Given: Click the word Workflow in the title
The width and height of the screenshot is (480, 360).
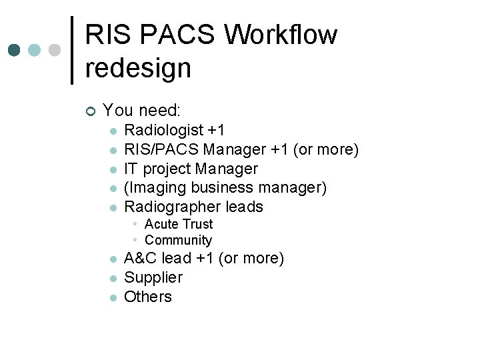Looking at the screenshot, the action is coord(281,35).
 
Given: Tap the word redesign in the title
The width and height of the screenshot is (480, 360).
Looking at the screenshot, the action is coord(138,67).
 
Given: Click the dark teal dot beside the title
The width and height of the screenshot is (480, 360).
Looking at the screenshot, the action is coord(14,50).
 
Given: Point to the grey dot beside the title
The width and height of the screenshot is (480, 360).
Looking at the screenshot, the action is coord(55,50).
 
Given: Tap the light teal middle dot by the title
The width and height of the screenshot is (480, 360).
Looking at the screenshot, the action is coord(35,50).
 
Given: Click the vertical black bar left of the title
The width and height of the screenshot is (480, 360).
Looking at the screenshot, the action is coord(72,50).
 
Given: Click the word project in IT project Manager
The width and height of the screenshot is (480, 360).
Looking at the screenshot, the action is coord(167,169).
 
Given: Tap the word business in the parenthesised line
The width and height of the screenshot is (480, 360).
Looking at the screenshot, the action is coord(227,188).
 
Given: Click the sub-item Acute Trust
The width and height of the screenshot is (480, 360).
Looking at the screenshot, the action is coord(179,224).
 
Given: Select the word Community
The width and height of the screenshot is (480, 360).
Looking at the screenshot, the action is coord(178,240).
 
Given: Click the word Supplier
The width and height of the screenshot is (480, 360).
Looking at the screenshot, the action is coord(153,277).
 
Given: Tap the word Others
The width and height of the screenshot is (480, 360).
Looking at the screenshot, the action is coord(148,297).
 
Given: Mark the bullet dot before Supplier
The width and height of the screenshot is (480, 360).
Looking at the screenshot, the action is coord(113,278).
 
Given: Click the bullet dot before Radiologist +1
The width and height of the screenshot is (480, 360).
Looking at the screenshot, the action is coord(113,131).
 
